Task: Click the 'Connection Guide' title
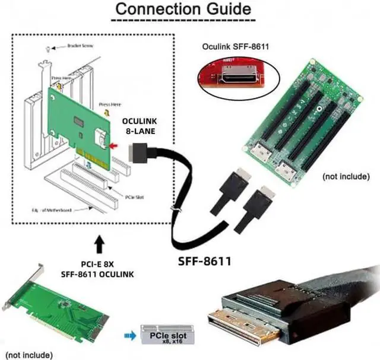[182, 10]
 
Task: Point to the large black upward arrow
[98, 244]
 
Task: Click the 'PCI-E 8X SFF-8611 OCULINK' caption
[98, 267]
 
